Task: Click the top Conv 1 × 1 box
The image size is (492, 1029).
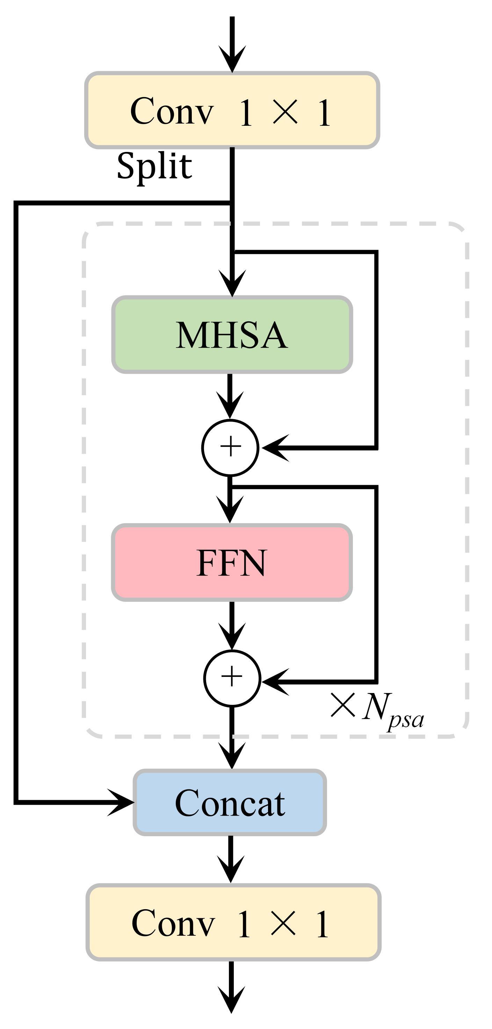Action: pos(232,111)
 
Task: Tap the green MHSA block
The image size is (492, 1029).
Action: pos(232,335)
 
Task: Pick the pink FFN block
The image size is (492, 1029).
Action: pos(232,562)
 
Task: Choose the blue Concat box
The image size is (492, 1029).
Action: pos(230,802)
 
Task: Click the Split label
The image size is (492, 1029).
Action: pos(154,166)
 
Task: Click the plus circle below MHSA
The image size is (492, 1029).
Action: pos(230,447)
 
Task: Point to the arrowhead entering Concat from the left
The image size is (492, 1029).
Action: pos(122,802)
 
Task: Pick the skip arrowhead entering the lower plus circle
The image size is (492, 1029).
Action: pos(276,681)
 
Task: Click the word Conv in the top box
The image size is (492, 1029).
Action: pos(172,111)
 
